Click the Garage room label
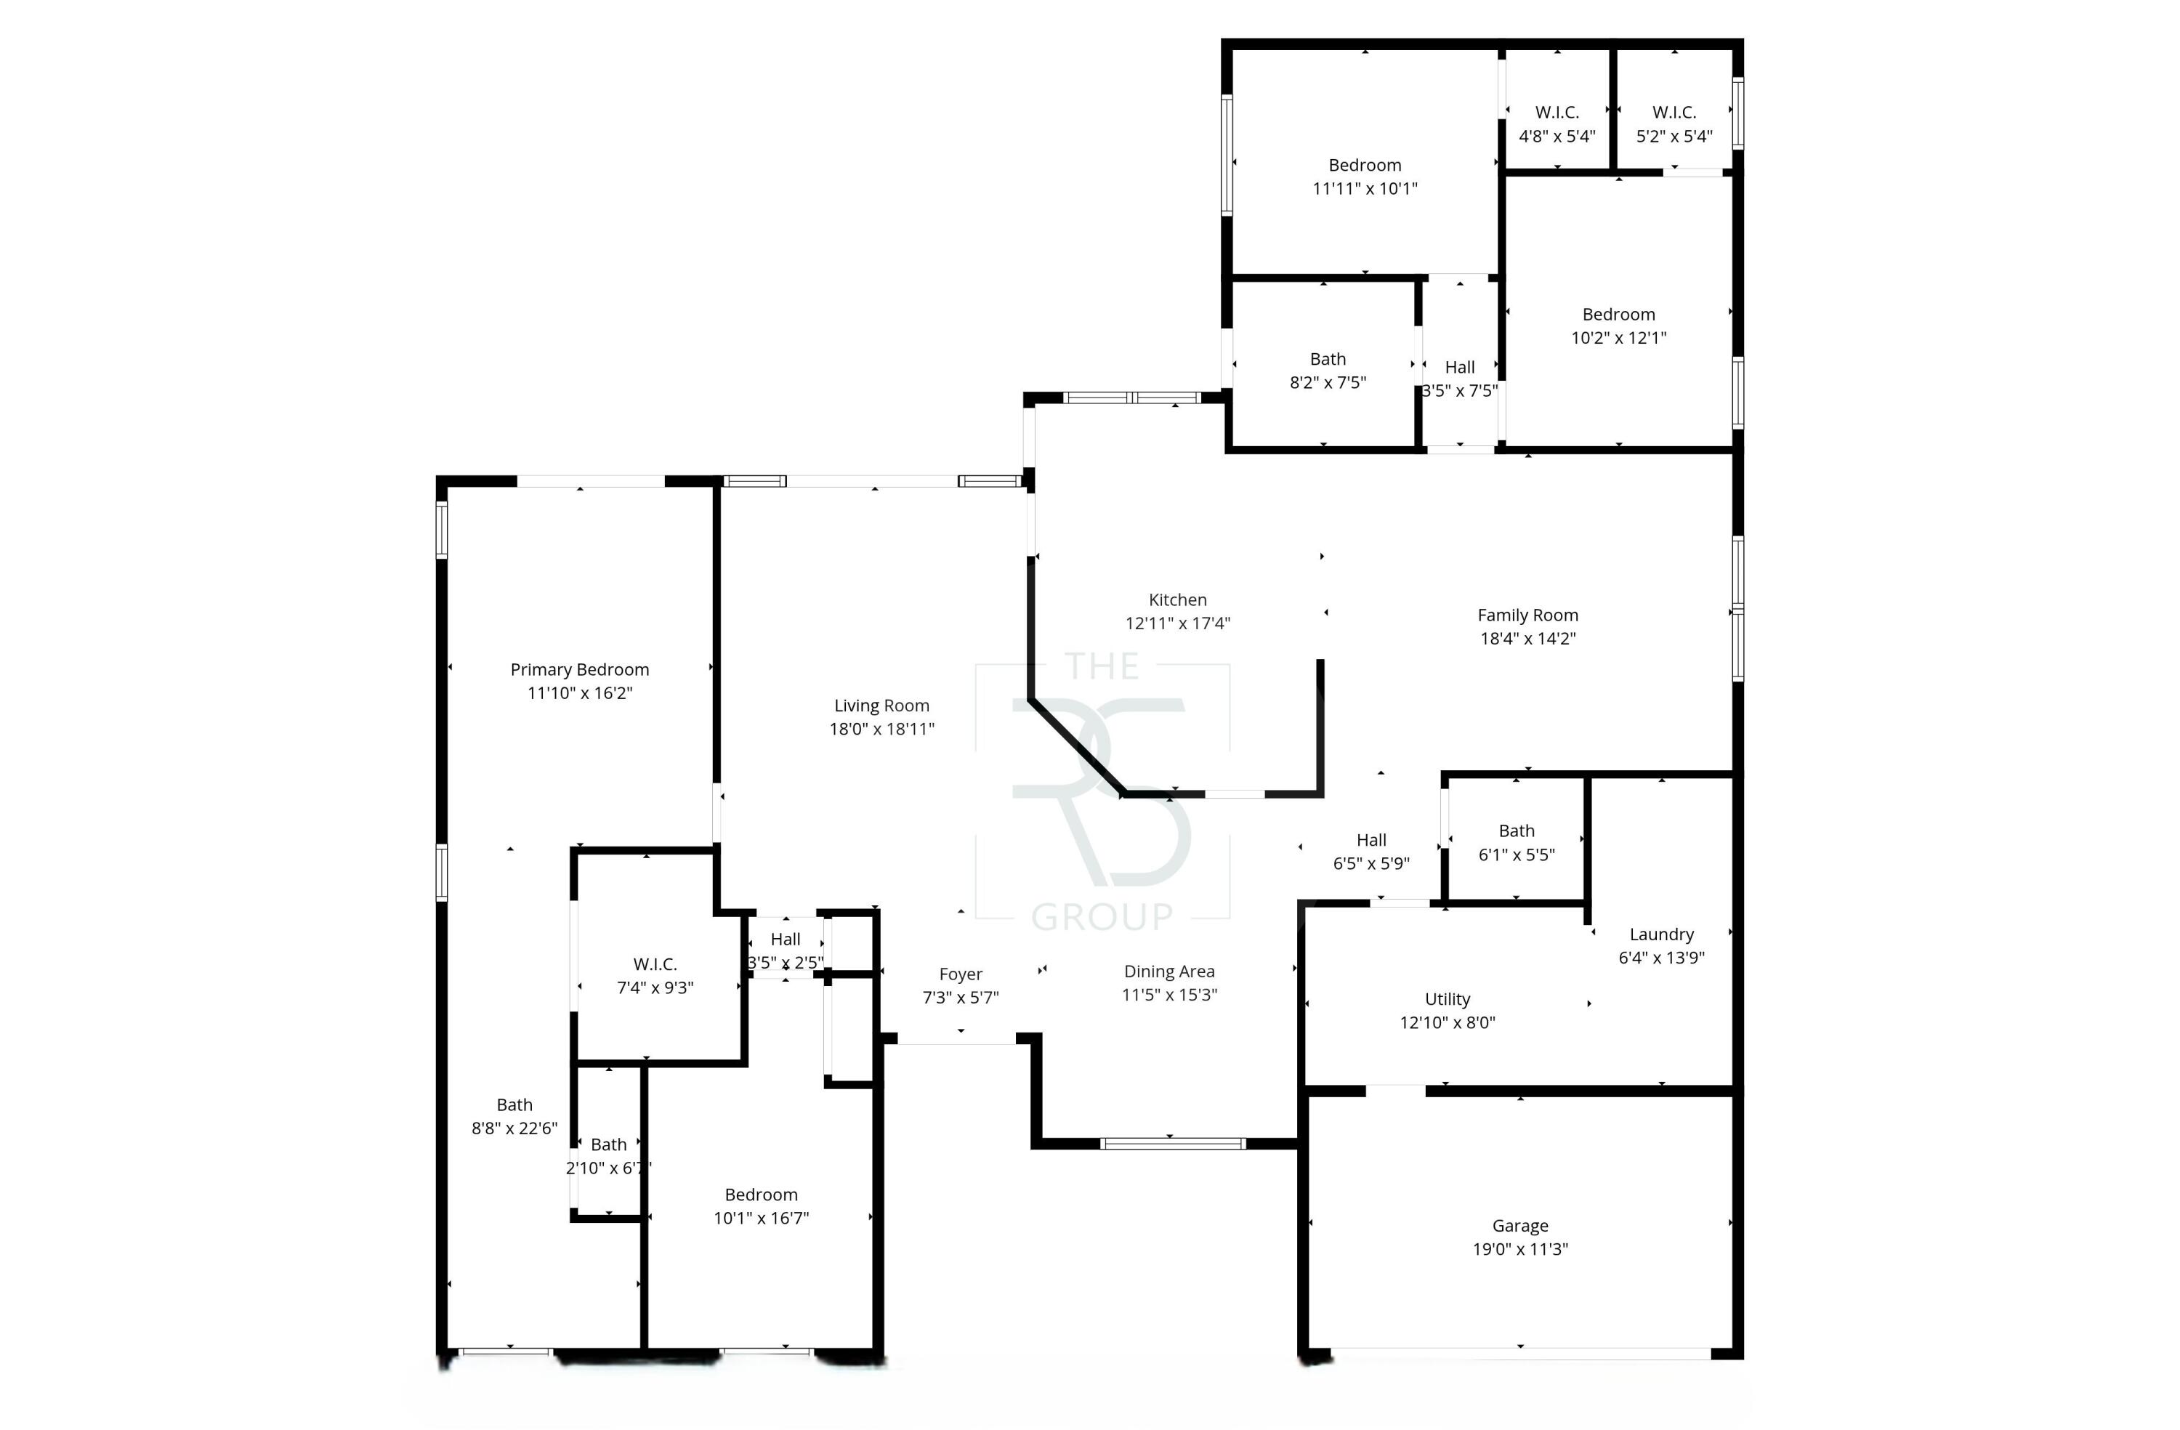pos(1519,1226)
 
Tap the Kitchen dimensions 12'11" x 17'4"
pos(1177,623)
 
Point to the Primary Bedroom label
pos(579,670)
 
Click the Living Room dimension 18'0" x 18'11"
pos(881,730)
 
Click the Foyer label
pos(960,974)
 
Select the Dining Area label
pos(1168,971)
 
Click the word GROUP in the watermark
pos(1102,916)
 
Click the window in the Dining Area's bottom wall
pos(1171,1143)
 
